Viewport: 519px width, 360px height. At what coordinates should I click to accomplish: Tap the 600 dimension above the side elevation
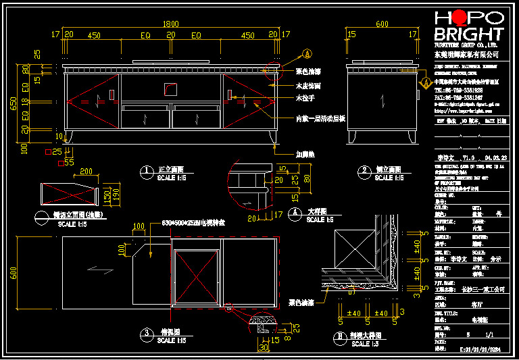pos(382,24)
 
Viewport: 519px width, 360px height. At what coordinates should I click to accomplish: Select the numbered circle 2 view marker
pos(366,171)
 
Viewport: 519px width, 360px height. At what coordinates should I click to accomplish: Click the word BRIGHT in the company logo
pos(469,34)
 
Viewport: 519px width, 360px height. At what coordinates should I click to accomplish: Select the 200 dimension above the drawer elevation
pos(86,172)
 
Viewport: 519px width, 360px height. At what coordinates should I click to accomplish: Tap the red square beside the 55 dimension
pos(61,163)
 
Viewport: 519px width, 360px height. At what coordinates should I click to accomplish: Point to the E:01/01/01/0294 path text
pos(481,350)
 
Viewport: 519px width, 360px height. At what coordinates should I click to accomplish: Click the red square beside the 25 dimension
pos(47,153)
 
